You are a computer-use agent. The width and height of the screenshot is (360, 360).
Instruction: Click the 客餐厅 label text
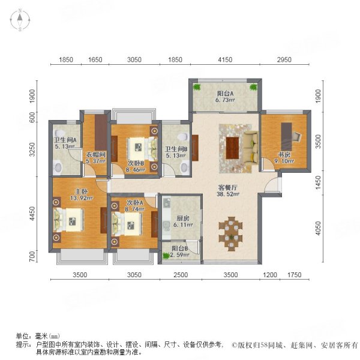pos(229,187)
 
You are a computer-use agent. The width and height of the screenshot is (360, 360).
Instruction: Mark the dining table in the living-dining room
pos(231,231)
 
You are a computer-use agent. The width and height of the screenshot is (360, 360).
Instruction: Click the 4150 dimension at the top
pos(224,60)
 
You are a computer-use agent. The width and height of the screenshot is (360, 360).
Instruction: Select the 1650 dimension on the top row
pos(95,60)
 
